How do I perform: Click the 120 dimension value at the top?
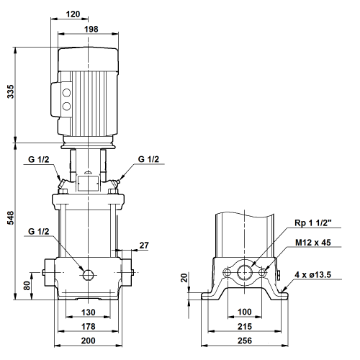tap(73, 14)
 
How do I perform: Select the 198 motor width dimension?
tap(91, 30)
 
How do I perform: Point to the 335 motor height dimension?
tap(11, 91)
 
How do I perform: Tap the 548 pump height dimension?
tap(11, 218)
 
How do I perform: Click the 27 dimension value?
tap(144, 246)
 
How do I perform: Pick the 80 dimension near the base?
tap(27, 286)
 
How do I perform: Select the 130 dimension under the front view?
tap(89, 312)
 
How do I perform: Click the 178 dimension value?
tap(89, 326)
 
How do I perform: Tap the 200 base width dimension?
tap(89, 341)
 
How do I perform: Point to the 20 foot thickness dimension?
tap(184, 278)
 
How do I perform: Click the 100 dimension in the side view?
tap(245, 312)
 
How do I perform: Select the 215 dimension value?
tap(245, 326)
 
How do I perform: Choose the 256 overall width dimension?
tap(245, 341)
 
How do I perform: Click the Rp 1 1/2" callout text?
tap(313, 222)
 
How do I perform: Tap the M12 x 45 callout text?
tap(313, 243)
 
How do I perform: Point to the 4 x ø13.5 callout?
tap(313, 274)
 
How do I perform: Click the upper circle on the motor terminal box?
tap(66, 93)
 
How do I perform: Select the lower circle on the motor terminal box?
tap(66, 106)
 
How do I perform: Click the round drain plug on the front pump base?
tap(88, 275)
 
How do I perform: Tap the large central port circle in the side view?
tap(245, 272)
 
